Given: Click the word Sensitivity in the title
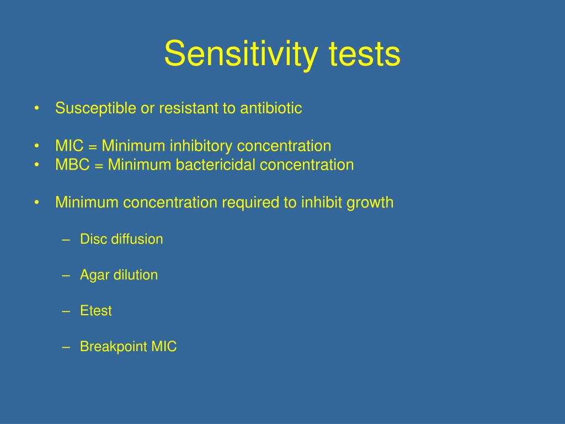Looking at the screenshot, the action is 241,54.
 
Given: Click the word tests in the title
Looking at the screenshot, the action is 364,54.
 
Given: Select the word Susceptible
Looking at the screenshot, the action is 95,109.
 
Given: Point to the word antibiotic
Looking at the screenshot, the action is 271,108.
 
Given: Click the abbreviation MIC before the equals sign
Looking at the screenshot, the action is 69,146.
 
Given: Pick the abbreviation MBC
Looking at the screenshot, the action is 72,165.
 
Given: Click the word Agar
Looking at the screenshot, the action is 94,275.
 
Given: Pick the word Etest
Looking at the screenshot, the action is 96,311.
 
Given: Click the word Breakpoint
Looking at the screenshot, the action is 114,347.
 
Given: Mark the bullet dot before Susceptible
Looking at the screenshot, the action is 37,108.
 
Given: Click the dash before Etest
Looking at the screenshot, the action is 66,311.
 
